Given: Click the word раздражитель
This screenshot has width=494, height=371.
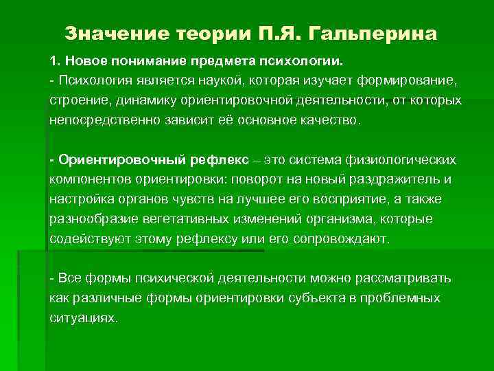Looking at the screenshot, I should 399,180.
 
